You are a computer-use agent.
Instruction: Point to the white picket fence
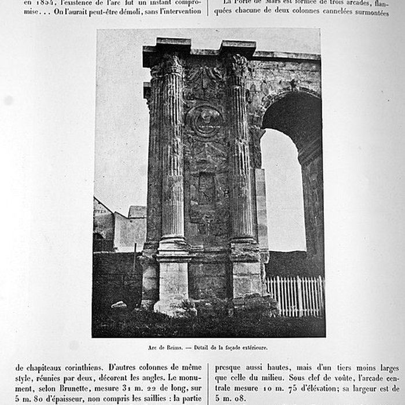pyautogui.click(x=295, y=295)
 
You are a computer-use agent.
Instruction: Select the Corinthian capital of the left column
pyautogui.click(x=170, y=65)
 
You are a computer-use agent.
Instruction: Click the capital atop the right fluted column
pyautogui.click(x=239, y=66)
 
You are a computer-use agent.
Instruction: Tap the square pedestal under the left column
pyautogui.click(x=171, y=283)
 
